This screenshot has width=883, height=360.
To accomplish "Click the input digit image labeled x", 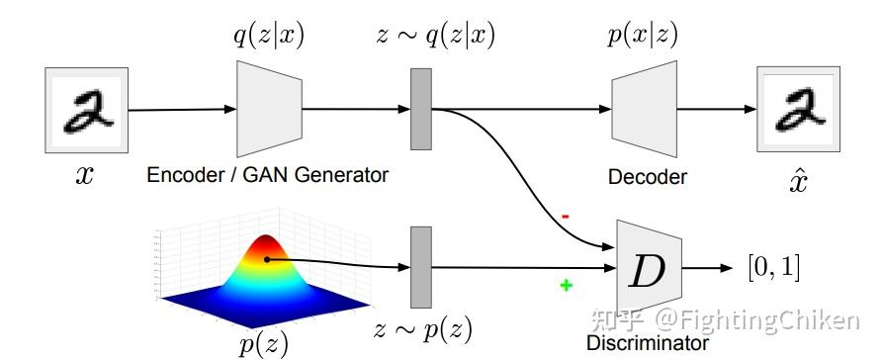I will click(x=86, y=109).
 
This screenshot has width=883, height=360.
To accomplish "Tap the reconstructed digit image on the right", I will click(x=798, y=109).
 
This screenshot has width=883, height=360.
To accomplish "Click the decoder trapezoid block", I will click(x=643, y=109).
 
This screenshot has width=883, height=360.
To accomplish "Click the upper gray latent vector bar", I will click(x=421, y=108).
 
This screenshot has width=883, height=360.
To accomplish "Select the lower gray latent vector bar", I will click(x=421, y=267).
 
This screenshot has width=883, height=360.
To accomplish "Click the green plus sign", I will click(x=566, y=285).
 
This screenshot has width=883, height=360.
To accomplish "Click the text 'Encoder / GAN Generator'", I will click(x=267, y=175).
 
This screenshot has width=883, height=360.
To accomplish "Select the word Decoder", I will click(x=647, y=177).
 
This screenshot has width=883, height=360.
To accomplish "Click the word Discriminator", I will click(x=647, y=343).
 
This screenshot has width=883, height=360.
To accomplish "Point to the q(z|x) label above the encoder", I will click(x=269, y=37).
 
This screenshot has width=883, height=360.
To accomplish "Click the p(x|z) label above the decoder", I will click(x=644, y=37).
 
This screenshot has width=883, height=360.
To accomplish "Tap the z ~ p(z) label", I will click(x=423, y=329).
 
